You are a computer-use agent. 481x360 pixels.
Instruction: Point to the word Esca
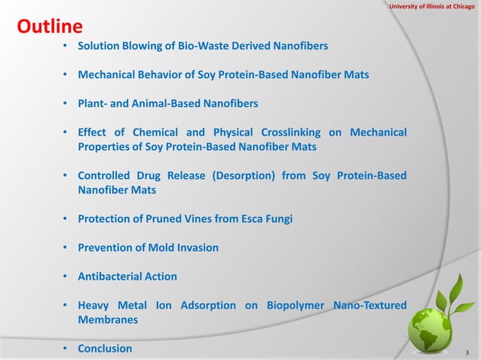tap(250, 219)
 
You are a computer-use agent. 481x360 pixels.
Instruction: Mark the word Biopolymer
tap(296, 305)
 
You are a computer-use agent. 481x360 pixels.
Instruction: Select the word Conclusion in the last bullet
tap(105, 349)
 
